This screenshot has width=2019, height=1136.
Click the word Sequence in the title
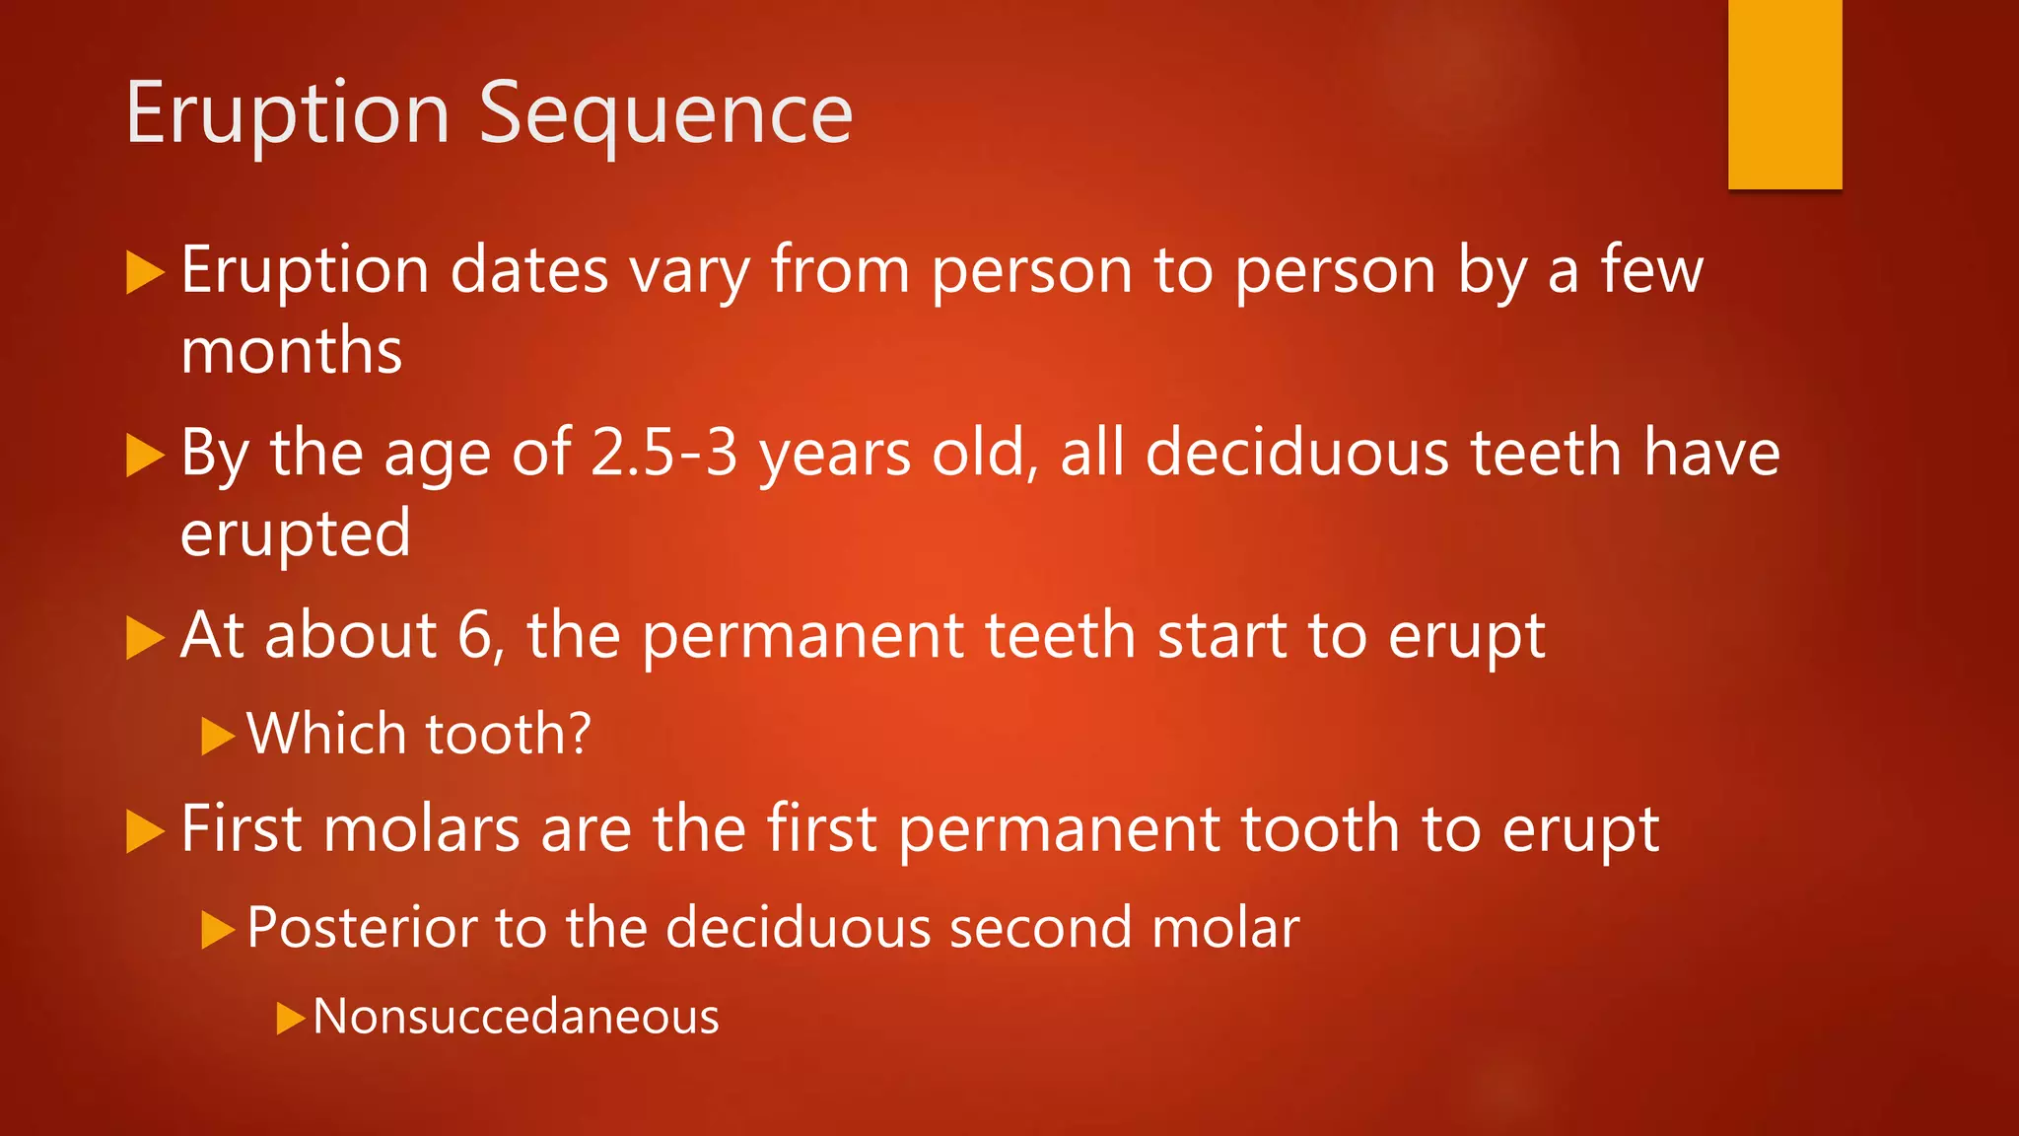pos(665,114)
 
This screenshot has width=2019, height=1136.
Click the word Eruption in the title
pos(288,114)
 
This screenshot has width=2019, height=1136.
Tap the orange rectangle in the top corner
pos(1784,94)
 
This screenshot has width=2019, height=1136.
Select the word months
pos(292,351)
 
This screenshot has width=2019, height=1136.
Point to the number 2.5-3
pos(663,454)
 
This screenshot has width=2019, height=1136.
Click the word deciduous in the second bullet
pos(1296,454)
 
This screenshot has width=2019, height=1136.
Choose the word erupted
pos(296,533)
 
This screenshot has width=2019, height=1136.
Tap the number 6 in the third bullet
pos(475,635)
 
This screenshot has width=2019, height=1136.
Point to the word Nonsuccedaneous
pos(516,1017)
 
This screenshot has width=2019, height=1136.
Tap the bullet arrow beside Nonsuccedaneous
pos(291,1018)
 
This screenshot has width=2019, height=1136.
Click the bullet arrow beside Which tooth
pos(218,736)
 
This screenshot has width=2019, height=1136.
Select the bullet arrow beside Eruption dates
pos(146,272)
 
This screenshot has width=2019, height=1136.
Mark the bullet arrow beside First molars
pos(146,830)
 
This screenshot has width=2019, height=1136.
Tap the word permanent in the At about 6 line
pos(802,635)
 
